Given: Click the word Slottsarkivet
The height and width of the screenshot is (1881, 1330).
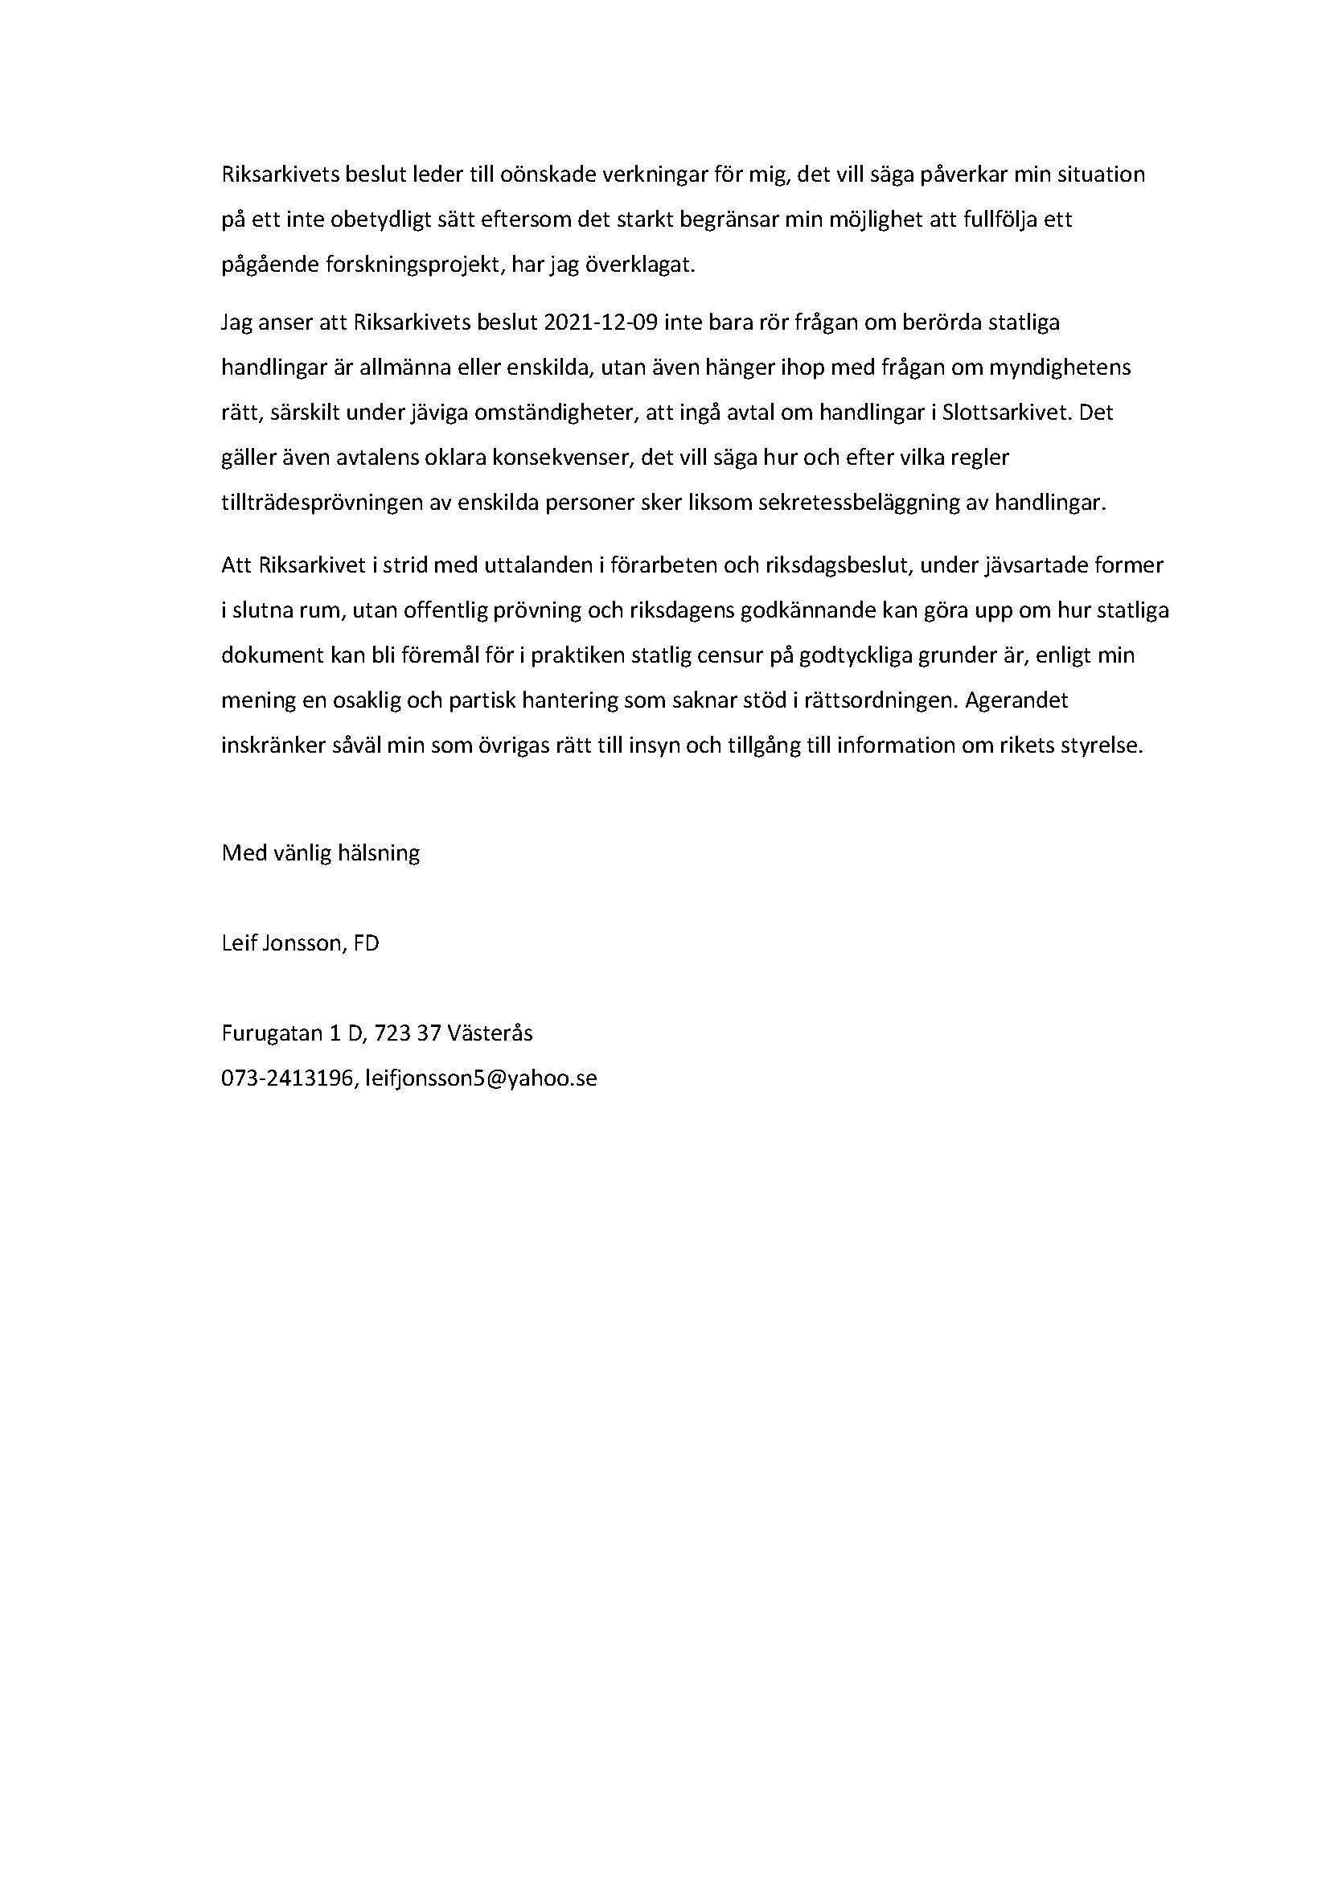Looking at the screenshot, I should [1007, 412].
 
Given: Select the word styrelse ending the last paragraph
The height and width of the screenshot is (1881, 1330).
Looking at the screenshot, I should [1102, 745].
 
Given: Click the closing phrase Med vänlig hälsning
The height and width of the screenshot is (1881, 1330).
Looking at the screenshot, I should [320, 852].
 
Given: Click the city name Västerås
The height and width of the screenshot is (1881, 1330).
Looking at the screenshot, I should [490, 1033].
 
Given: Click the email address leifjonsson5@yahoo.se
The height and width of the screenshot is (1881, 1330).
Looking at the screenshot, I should [482, 1078].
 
